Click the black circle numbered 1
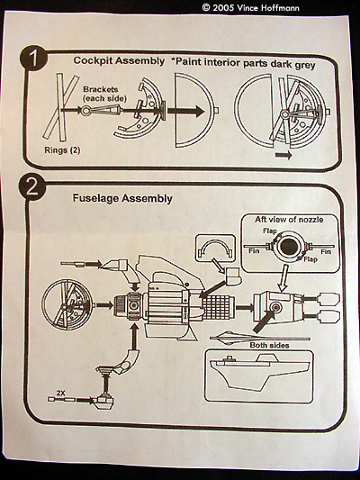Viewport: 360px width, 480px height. pyautogui.click(x=33, y=58)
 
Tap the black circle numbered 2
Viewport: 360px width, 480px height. pyautogui.click(x=32, y=187)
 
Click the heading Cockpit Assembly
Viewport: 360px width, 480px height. pyautogui.click(x=119, y=61)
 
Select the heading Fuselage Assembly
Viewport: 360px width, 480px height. pyautogui.click(x=122, y=198)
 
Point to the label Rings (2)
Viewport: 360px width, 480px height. pyautogui.click(x=62, y=150)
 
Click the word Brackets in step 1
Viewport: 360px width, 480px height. pyautogui.click(x=101, y=89)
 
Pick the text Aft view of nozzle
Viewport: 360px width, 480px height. pyautogui.click(x=289, y=220)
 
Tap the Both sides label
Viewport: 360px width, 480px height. pyautogui.click(x=269, y=345)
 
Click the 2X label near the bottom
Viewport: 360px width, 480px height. pyautogui.click(x=60, y=393)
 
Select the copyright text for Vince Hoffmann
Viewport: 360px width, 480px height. pyautogui.click(x=250, y=7)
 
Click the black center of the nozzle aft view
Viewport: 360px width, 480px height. pyautogui.click(x=288, y=247)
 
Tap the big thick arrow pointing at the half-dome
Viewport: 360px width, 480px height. pyautogui.click(x=185, y=111)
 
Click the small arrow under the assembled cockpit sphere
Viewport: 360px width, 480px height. pyautogui.click(x=283, y=155)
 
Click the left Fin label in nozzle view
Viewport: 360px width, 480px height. pyautogui.click(x=254, y=251)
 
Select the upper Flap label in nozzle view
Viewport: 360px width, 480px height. pyautogui.click(x=270, y=231)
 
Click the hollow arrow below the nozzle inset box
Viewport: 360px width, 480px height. pyautogui.click(x=283, y=278)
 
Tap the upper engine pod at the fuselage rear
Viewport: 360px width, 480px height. pyautogui.click(x=328, y=298)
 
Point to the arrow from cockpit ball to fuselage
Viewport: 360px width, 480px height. pyautogui.click(x=104, y=305)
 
